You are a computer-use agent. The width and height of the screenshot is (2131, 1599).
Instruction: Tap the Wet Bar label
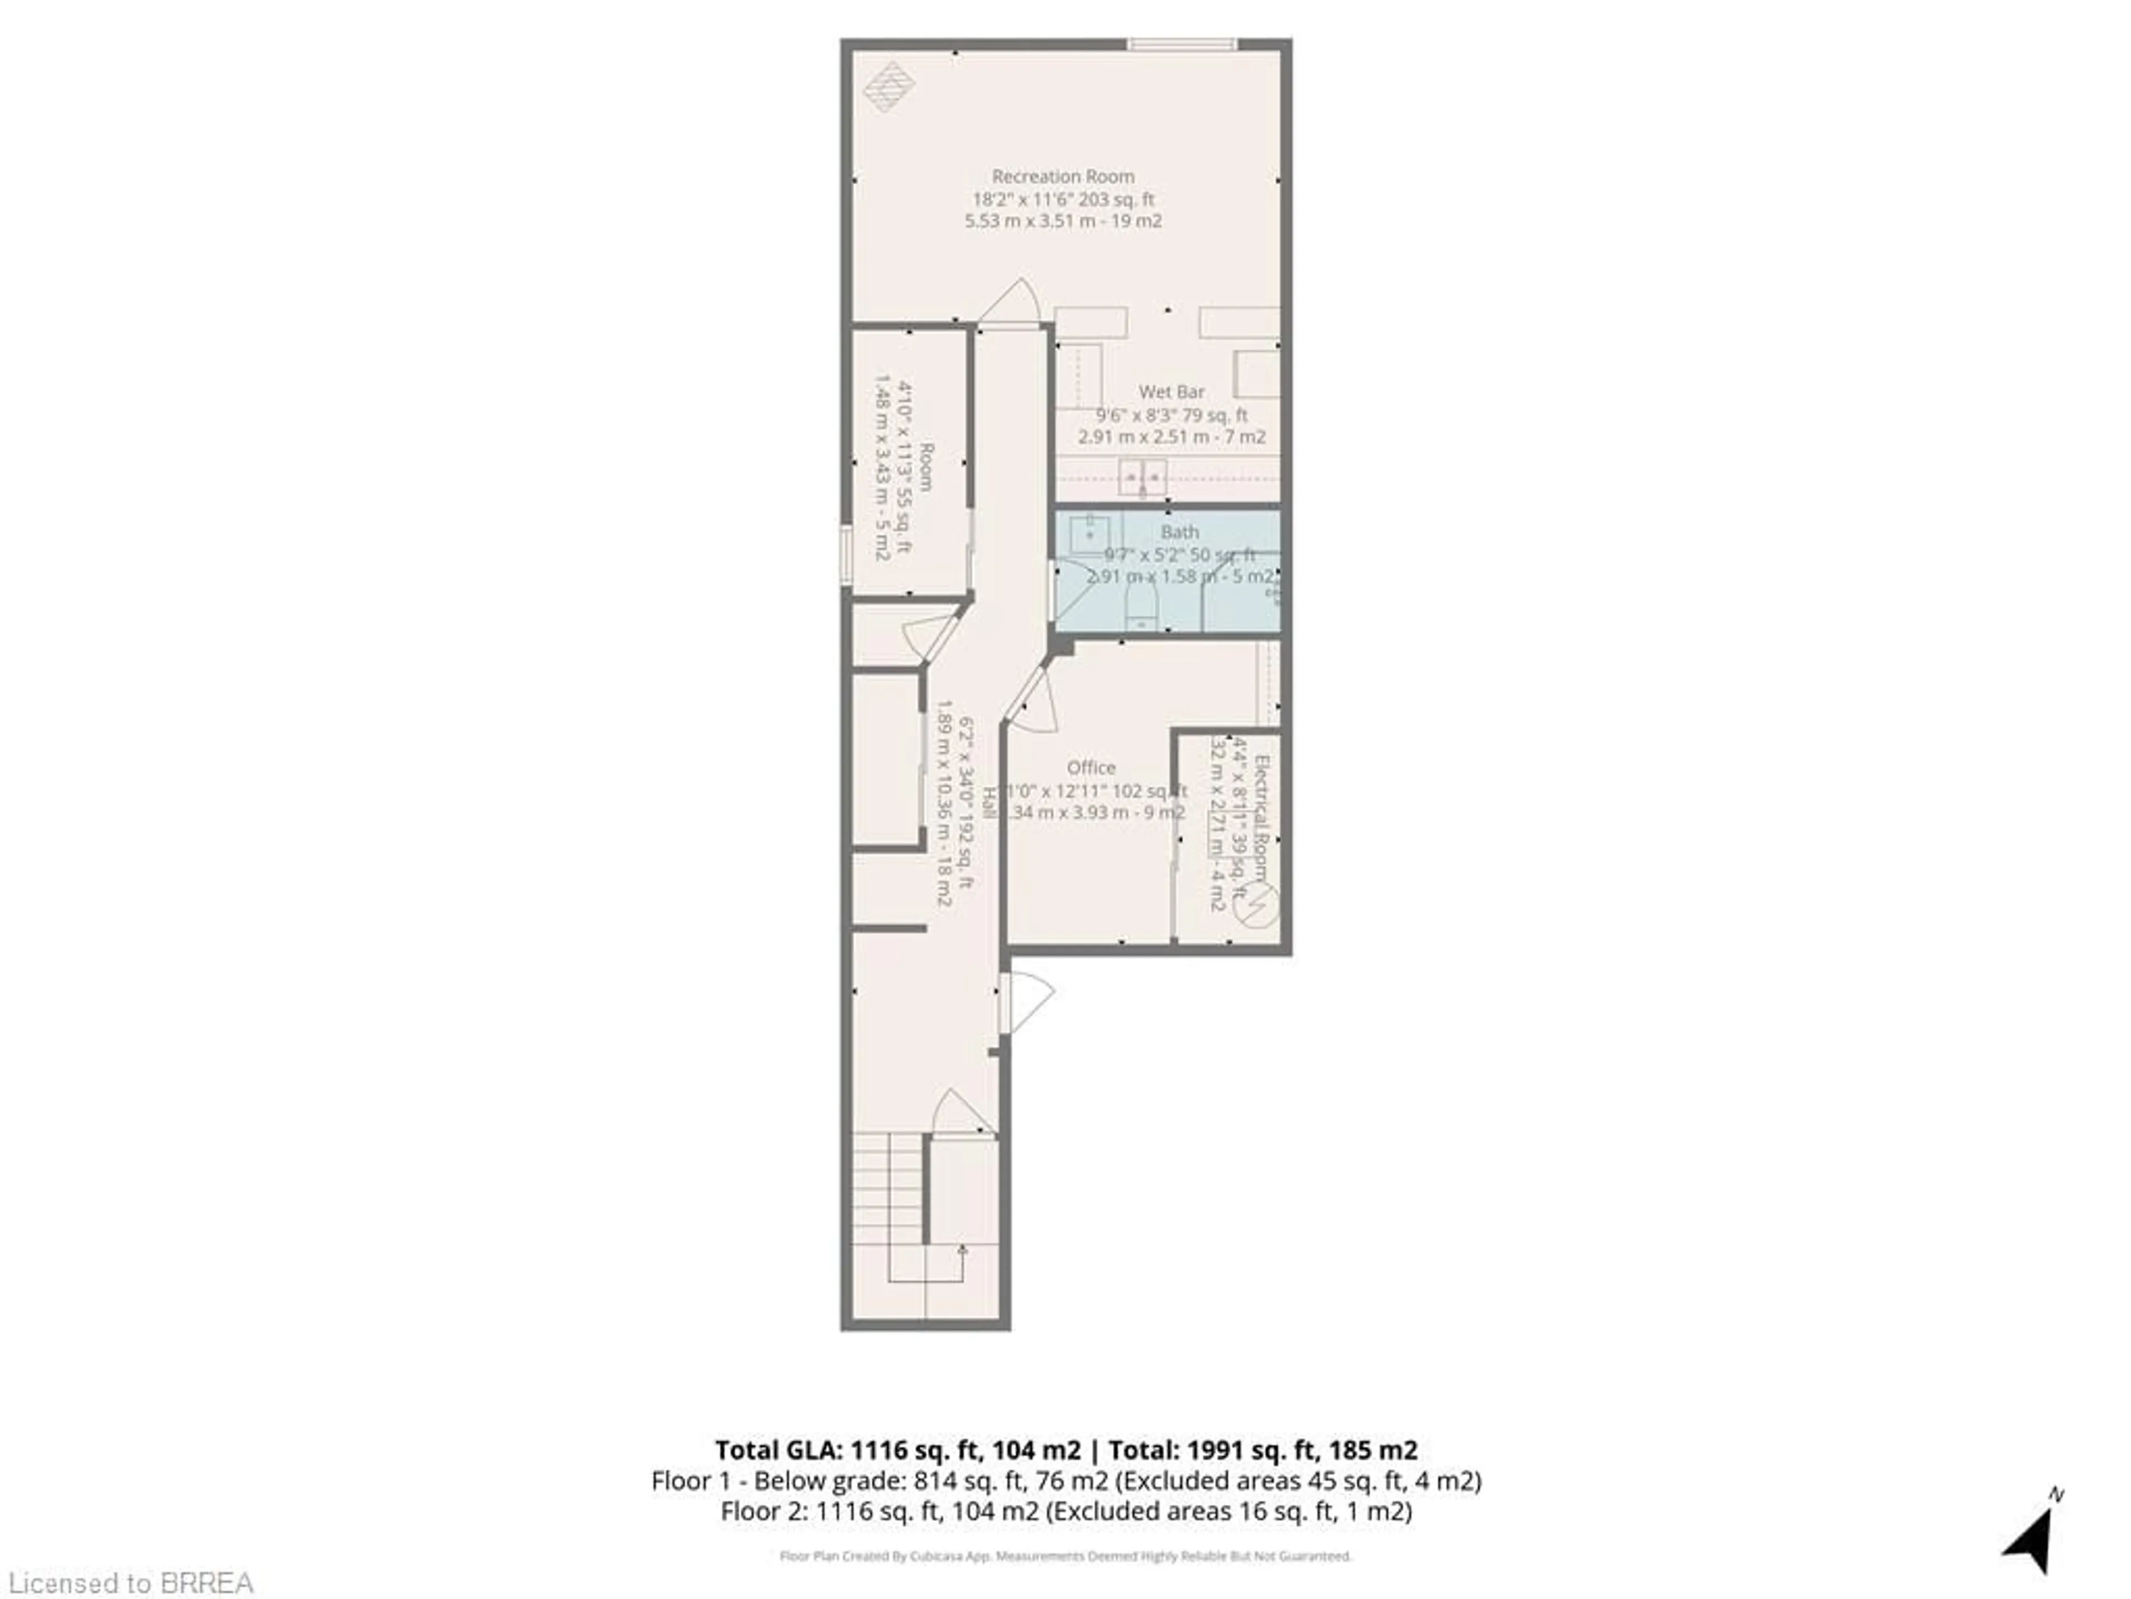(1171, 391)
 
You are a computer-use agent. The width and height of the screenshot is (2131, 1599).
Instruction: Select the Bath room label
(1179, 532)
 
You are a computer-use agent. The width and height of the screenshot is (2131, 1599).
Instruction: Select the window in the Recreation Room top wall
(1182, 44)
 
